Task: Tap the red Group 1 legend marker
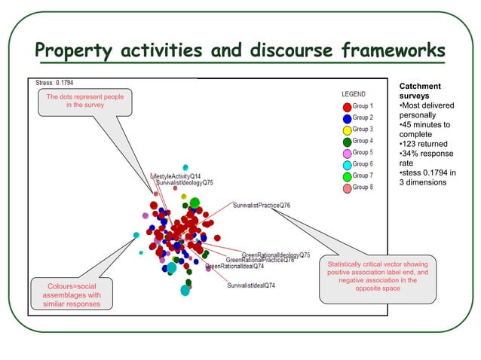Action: (x=347, y=107)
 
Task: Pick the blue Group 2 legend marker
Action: (x=347, y=118)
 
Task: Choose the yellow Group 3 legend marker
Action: (x=347, y=130)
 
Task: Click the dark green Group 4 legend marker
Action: (x=347, y=141)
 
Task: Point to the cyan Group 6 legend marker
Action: (x=347, y=164)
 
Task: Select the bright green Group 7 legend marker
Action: (x=347, y=175)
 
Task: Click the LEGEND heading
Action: (x=354, y=94)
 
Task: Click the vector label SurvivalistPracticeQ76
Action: (x=262, y=205)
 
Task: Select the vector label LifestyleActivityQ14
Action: (x=176, y=175)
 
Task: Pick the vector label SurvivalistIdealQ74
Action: (x=251, y=285)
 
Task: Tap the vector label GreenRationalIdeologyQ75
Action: (x=275, y=255)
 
